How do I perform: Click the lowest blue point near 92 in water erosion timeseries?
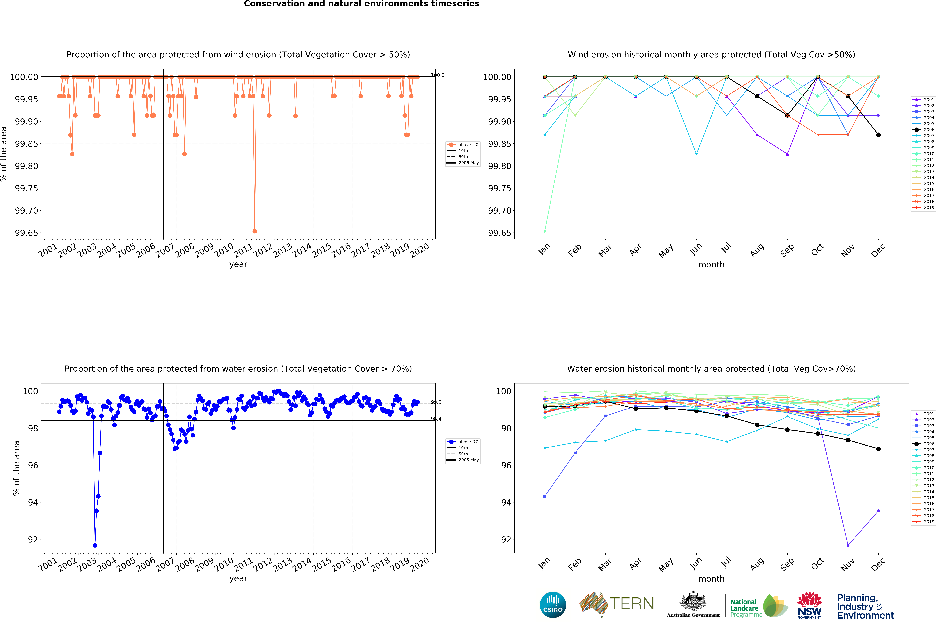pos(95,545)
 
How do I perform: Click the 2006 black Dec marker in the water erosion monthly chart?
pos(878,449)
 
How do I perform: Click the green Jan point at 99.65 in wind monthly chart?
pos(545,231)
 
